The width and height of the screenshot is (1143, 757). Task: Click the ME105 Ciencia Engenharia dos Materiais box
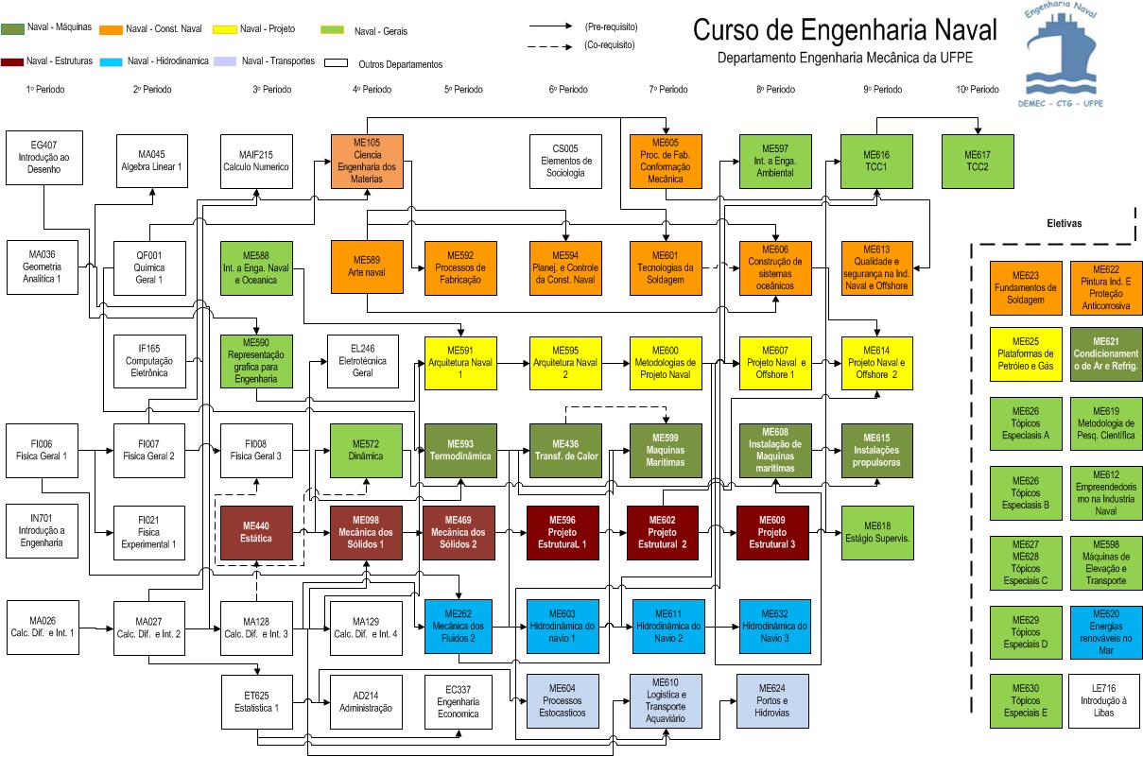[x=367, y=162]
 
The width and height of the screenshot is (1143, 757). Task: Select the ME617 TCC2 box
[x=977, y=162]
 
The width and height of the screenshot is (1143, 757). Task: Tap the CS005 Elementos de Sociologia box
[x=565, y=162]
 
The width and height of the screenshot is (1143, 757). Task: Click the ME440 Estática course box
[x=256, y=533]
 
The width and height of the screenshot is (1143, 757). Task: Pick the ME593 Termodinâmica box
[x=460, y=450]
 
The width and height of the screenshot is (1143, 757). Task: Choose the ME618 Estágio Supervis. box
[x=878, y=533]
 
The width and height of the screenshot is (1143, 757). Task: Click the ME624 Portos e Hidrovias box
[x=772, y=700]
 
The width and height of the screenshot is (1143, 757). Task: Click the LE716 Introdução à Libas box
[x=1106, y=700]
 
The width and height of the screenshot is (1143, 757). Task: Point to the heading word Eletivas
[x=1064, y=224]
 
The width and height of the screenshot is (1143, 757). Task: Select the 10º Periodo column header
[x=977, y=90]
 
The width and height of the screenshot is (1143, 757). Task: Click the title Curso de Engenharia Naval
[x=844, y=30]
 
